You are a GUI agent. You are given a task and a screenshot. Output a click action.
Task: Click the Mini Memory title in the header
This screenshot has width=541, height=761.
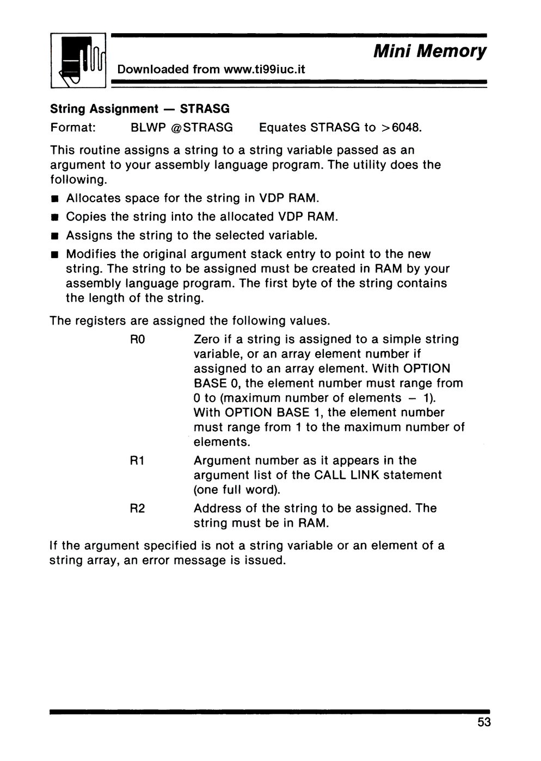tap(429, 52)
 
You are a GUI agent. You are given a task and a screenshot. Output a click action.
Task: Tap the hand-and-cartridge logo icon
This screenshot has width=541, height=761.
tap(78, 61)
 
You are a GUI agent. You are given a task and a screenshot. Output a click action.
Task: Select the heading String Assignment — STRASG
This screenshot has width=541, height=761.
tap(140, 109)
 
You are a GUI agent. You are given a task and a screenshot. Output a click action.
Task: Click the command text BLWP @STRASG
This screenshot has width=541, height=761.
tap(182, 128)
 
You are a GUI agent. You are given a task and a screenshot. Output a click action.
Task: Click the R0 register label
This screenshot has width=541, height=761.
tap(136, 340)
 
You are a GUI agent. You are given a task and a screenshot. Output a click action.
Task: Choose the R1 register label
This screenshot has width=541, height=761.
tap(136, 461)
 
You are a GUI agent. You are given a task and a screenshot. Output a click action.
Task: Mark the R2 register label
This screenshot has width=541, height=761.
tap(136, 509)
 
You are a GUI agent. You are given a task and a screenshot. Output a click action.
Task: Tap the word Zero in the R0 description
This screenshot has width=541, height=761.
tap(207, 340)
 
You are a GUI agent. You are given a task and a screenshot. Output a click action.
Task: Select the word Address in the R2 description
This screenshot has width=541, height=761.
tap(216, 509)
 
